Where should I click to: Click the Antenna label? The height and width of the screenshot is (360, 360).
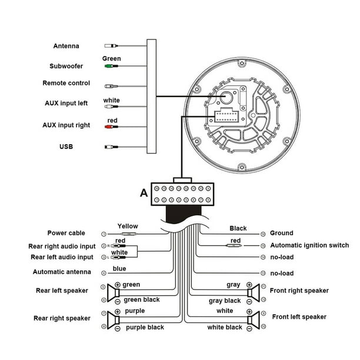point(66,46)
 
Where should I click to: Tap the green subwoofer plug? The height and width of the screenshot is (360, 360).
point(111,66)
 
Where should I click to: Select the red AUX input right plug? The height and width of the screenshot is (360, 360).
point(111,126)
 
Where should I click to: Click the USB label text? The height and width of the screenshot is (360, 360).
point(66,146)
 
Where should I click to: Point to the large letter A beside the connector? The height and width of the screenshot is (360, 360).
point(144,193)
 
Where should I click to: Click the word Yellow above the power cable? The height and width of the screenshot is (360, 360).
point(128,226)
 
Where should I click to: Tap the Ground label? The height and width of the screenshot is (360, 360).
point(282,233)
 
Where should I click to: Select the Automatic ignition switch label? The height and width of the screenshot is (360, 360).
point(309,245)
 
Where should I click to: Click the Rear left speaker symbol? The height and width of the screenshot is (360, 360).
point(114,293)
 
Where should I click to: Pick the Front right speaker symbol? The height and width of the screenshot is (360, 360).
point(254,293)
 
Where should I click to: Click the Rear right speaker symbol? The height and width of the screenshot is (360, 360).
point(114,320)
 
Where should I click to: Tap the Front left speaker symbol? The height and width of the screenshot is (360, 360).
point(254,320)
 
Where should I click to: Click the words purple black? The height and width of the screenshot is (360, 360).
point(145,327)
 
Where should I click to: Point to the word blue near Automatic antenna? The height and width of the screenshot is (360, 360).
point(119,268)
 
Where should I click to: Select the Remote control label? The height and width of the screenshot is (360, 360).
point(66,83)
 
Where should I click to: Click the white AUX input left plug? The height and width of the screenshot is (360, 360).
point(111,106)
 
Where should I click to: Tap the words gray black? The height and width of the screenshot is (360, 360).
point(225,301)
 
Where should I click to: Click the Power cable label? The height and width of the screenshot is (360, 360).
point(66,233)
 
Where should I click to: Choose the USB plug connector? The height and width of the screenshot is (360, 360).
point(111,147)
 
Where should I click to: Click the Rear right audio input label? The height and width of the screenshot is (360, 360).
point(62,246)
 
